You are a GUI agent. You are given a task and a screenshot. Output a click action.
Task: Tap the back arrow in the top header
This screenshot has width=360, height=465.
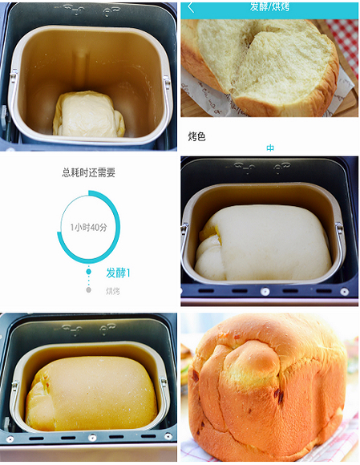pyautogui.click(x=191, y=7)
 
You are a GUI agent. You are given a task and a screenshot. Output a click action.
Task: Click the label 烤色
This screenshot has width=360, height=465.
pyautogui.click(x=196, y=136)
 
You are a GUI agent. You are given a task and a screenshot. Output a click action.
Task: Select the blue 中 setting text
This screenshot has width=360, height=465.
pyautogui.click(x=270, y=148)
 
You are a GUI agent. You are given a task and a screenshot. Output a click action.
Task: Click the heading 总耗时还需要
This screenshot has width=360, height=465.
pyautogui.click(x=88, y=172)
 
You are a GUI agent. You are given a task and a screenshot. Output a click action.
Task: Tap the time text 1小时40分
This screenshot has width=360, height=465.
pyautogui.click(x=88, y=228)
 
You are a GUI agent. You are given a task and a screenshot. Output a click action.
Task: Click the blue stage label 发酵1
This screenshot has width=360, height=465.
pyautogui.click(x=118, y=273)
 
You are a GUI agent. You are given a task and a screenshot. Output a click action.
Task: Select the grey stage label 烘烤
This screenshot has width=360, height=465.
pyautogui.click(x=113, y=291)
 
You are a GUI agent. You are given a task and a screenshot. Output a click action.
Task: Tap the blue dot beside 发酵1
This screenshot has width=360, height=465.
pyautogui.click(x=88, y=273)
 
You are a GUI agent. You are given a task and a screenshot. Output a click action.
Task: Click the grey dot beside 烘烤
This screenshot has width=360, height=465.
pyautogui.click(x=88, y=290)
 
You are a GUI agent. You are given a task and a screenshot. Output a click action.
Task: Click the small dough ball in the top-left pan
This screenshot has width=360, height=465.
pyautogui.click(x=88, y=115)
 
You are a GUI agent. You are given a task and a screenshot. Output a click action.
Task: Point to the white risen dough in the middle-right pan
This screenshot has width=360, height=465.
pyautogui.click(x=265, y=241)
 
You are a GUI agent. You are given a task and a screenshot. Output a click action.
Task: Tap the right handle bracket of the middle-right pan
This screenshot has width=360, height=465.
pyautogui.click(x=338, y=241)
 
